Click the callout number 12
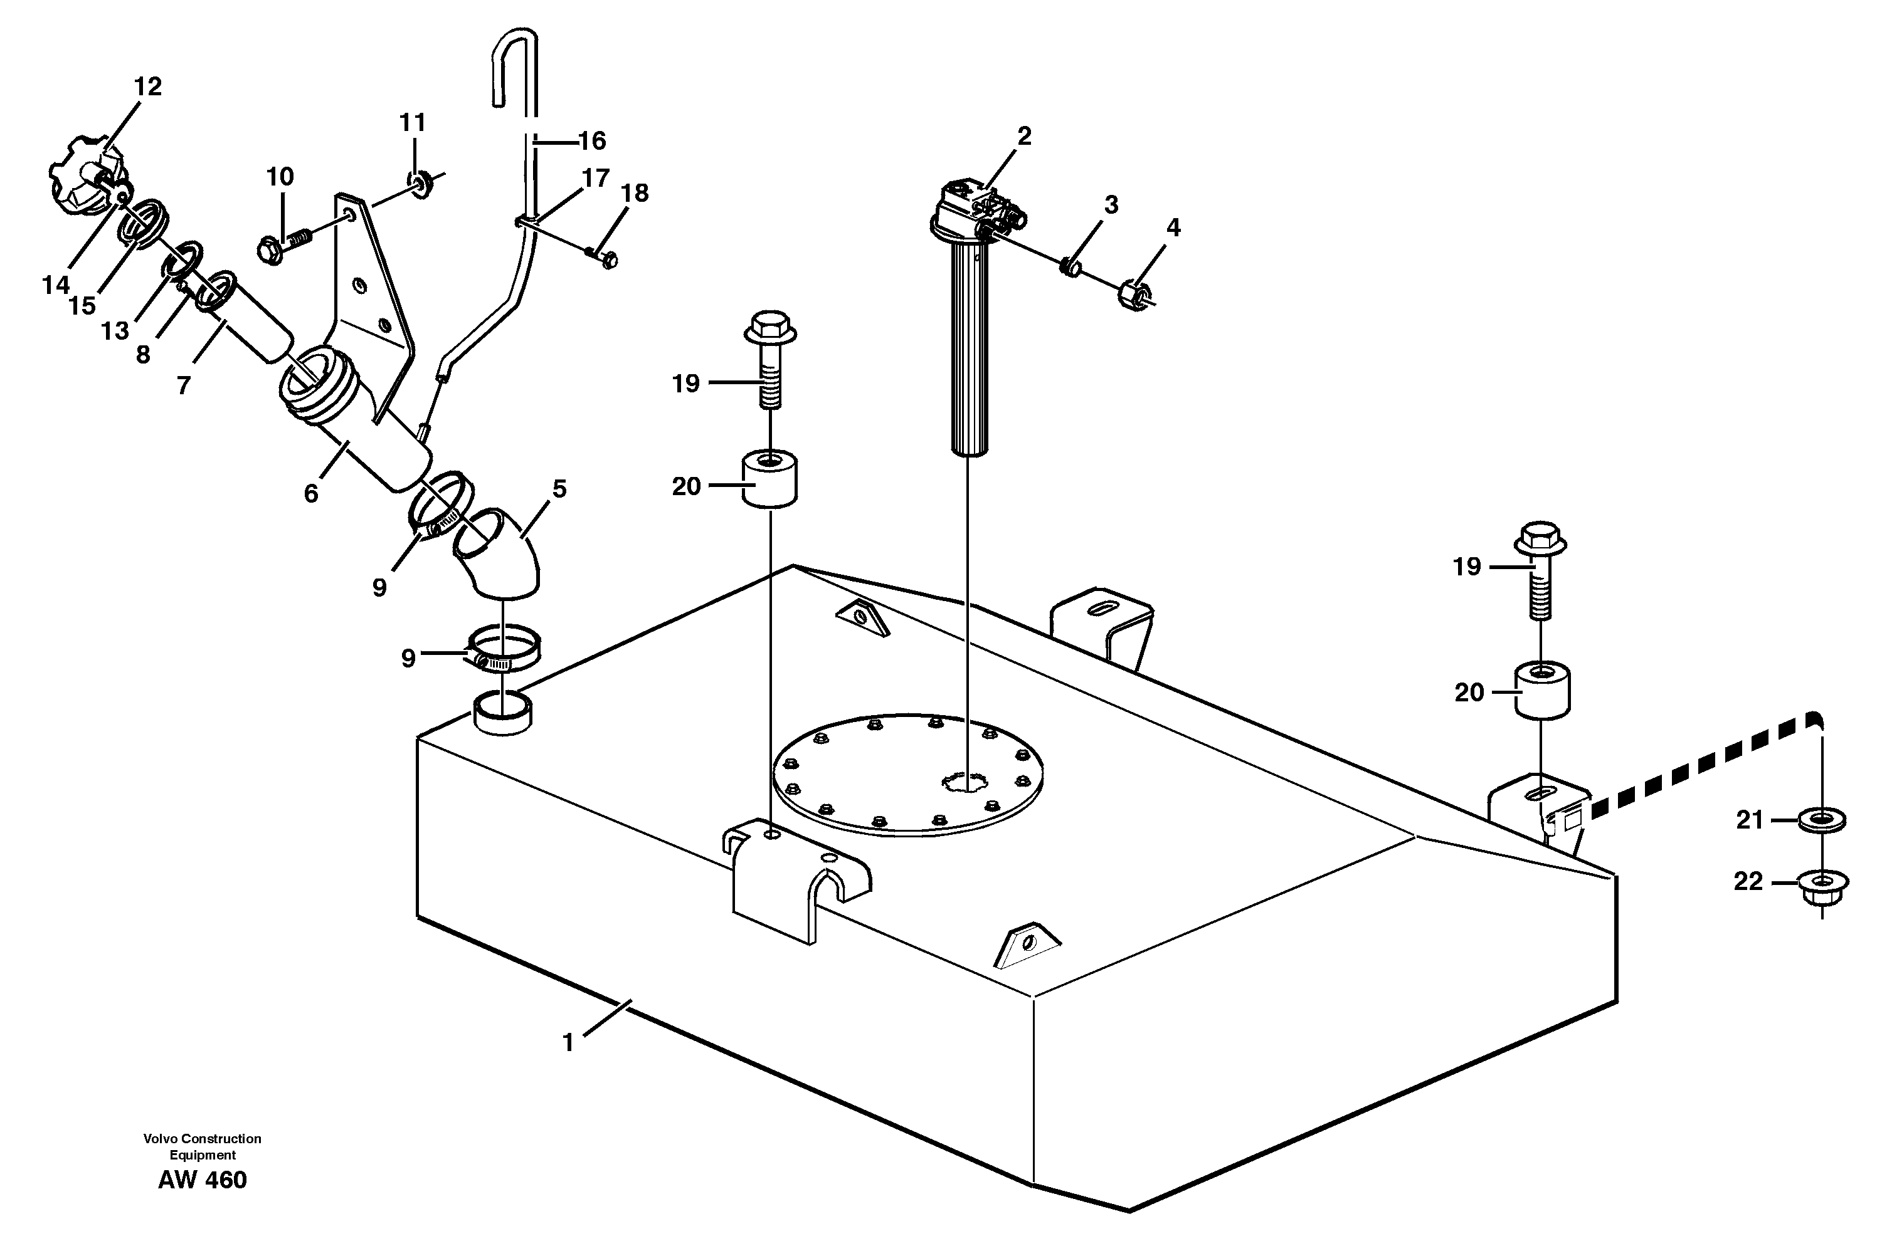[x=147, y=86]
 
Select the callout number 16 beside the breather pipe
[x=591, y=141]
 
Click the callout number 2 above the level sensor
[x=1024, y=137]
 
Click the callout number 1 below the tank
[x=568, y=1043]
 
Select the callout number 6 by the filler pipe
[x=311, y=494]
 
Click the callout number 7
[x=184, y=385]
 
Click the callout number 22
[x=1748, y=882]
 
